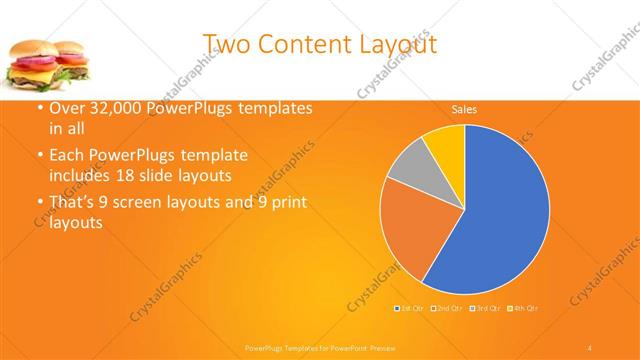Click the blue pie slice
[500, 210]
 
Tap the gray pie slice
[411, 167]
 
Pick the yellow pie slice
[445, 145]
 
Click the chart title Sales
[463, 109]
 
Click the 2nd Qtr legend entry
[447, 307]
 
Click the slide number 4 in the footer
[590, 347]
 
